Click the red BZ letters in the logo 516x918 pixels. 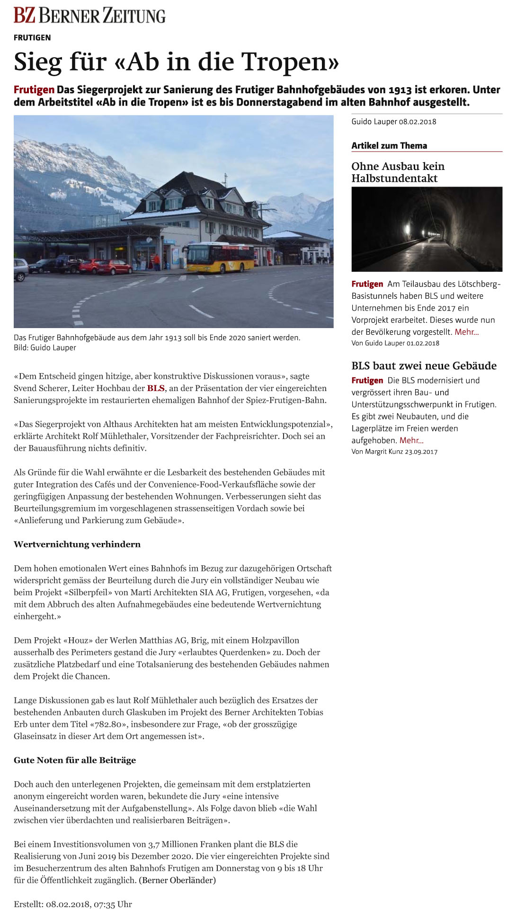25,16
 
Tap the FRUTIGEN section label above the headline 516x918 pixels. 32,37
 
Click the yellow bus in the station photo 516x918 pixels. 220,257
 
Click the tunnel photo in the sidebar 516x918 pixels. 427,229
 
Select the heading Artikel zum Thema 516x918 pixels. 389,146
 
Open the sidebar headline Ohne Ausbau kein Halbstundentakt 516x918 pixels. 398,172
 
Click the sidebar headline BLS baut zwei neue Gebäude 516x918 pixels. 424,365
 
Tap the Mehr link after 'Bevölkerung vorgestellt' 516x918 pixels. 466,332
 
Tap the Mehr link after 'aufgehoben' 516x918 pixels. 411,440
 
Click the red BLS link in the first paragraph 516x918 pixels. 156,388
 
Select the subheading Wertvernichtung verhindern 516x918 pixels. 77,544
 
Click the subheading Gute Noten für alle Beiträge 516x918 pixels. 75,760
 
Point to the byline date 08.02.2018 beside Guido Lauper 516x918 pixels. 418,122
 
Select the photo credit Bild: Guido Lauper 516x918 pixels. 45,348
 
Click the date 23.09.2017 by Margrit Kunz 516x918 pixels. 421,452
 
